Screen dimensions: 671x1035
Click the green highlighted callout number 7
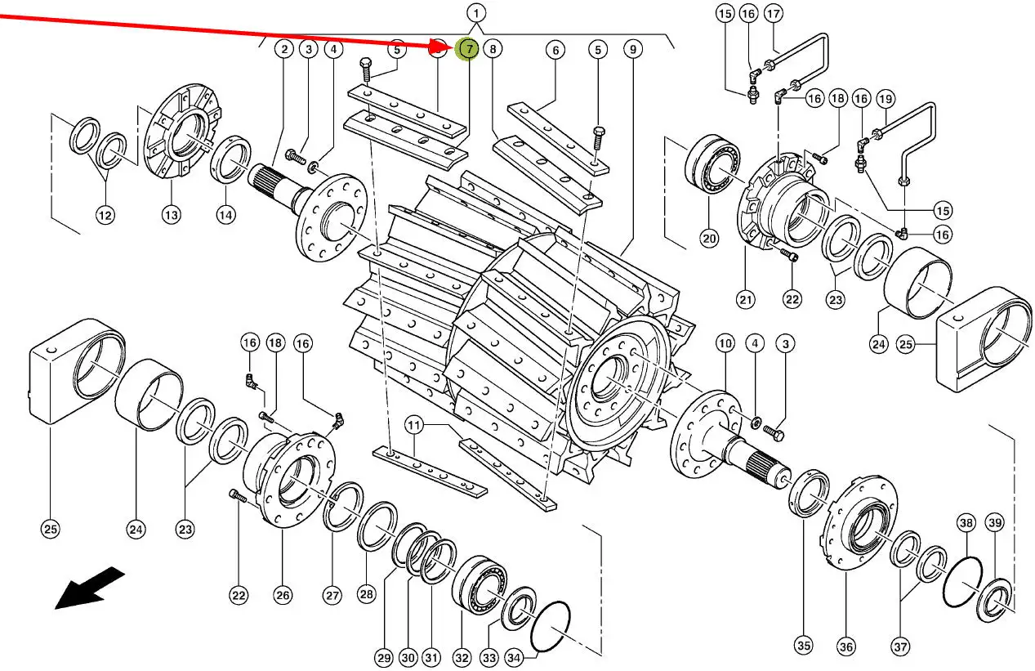[468, 49]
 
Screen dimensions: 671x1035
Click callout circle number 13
[170, 216]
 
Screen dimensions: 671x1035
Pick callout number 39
[994, 522]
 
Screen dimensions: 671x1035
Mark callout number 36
[845, 647]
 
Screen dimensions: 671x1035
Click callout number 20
[708, 239]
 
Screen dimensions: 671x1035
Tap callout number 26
[282, 596]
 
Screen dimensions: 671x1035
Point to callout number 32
[462, 657]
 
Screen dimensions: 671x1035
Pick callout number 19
[886, 99]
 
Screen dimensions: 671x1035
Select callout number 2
[283, 49]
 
